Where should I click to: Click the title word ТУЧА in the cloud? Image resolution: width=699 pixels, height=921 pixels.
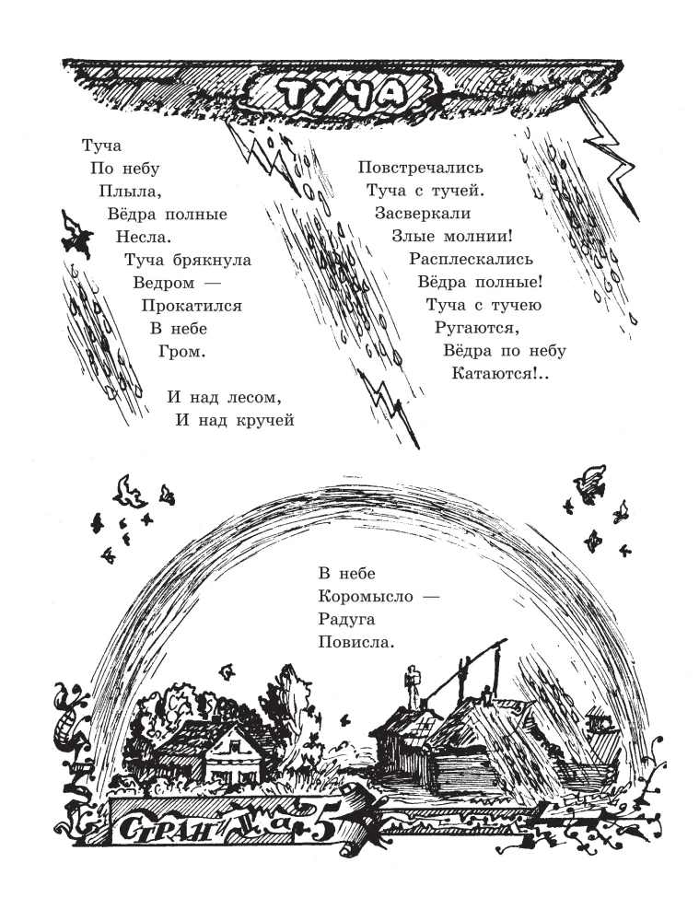pos(340,94)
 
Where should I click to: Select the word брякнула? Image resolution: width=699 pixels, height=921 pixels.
pos(213,260)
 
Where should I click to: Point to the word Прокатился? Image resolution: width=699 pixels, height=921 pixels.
pos(192,306)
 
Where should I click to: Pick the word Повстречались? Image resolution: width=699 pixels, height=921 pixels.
pos(421,168)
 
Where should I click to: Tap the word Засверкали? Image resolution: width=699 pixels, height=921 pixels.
pos(423,214)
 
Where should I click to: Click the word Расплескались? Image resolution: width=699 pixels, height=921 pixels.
pos(472,259)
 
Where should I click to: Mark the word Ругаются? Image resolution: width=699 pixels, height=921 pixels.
pos(476,329)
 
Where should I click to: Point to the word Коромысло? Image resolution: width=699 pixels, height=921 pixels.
pos(366,597)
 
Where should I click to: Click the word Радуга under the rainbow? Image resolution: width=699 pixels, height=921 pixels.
pos(346,620)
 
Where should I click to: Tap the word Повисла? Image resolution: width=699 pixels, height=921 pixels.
pos(354,642)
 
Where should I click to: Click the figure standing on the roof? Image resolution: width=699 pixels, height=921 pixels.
pos(414,688)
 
